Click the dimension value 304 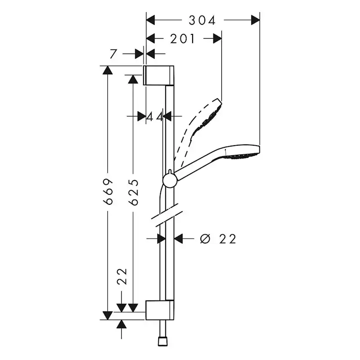click(202, 20)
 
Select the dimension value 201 click(183, 39)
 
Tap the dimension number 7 click(113, 54)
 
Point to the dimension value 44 click(154, 117)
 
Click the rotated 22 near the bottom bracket click(122, 277)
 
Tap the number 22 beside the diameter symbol click(228, 239)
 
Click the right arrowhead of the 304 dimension click(255, 20)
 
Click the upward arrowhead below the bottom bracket click(122, 324)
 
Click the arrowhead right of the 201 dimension click(217, 39)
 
